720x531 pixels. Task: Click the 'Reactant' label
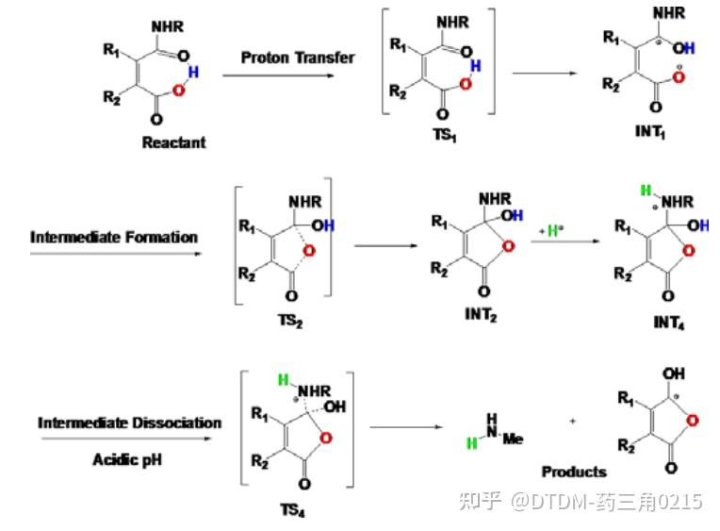point(173,142)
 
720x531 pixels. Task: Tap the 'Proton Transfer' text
point(298,58)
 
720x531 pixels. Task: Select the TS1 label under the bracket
point(445,134)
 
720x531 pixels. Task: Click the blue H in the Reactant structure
point(193,73)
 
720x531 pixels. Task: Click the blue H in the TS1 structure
point(475,65)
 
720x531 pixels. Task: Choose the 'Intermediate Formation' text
point(114,237)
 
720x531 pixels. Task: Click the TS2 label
point(291,320)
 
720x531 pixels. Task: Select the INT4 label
point(668,322)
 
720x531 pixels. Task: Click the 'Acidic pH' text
point(130,459)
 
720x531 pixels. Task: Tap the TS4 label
point(291,510)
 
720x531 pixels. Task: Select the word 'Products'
point(573,471)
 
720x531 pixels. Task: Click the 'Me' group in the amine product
point(513,440)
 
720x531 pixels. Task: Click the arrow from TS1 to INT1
point(545,74)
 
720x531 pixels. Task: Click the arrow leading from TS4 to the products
point(405,427)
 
